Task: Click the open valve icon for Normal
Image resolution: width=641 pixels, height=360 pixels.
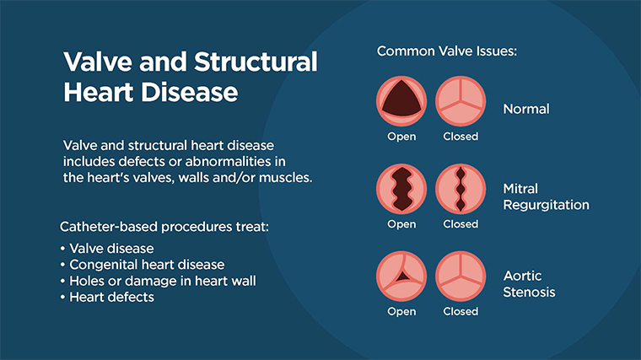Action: point(401,102)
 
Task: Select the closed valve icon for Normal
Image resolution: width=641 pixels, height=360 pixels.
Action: point(461,102)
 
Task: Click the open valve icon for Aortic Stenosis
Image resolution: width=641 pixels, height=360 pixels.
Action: point(401,277)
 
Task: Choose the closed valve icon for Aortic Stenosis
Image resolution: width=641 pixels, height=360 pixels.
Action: point(461,277)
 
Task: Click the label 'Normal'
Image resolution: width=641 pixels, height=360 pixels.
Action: point(525,109)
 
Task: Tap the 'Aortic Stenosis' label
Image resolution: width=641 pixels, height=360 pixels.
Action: point(530,284)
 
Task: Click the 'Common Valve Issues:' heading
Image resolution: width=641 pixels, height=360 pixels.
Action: point(446,51)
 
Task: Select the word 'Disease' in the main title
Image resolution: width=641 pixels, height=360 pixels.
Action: point(186,92)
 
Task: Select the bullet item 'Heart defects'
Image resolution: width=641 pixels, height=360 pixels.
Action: point(111,297)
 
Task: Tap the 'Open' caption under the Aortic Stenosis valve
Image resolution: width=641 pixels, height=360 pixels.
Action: point(401,311)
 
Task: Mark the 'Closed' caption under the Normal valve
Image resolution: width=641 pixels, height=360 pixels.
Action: point(461,137)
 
